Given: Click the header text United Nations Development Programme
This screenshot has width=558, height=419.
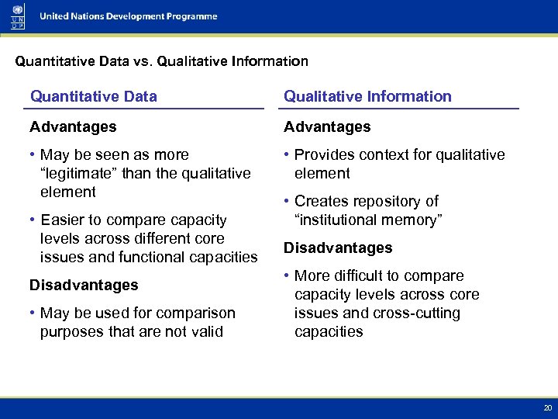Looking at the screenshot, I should pos(129,16).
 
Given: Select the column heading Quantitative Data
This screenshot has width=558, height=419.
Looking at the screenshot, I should pos(93,96).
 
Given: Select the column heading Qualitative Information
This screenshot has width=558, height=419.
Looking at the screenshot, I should pos(367,96).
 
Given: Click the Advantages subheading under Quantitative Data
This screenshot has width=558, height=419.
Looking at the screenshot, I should pos(73,126).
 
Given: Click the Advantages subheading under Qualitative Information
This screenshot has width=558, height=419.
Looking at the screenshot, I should pos(327,126).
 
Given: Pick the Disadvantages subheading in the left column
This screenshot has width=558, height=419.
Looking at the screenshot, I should pos(84,285).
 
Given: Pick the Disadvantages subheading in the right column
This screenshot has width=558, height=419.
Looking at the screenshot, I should pos(338,248).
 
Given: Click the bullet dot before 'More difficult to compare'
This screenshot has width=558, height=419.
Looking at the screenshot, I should pos(287,276).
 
